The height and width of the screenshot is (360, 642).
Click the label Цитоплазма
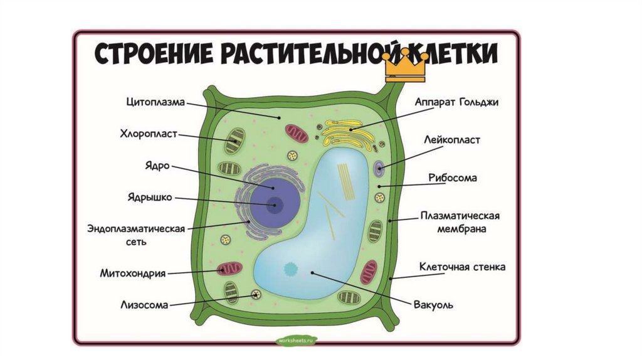(155, 102)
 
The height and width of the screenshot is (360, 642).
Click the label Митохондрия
(132, 273)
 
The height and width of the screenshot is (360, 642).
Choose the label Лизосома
(144, 305)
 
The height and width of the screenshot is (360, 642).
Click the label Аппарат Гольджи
(456, 102)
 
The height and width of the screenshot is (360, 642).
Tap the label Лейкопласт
(451, 140)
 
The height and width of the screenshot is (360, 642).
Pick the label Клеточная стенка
(462, 267)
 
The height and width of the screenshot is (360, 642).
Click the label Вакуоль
(433, 305)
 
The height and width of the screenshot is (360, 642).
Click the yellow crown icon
(406, 66)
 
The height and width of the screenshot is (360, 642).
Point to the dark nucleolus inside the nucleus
(273, 203)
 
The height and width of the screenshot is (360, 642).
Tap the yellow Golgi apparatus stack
(347, 130)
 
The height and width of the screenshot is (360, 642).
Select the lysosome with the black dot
(255, 295)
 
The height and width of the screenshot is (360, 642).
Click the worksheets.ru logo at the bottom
(297, 339)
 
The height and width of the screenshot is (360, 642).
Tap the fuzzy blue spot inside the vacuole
(291, 269)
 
